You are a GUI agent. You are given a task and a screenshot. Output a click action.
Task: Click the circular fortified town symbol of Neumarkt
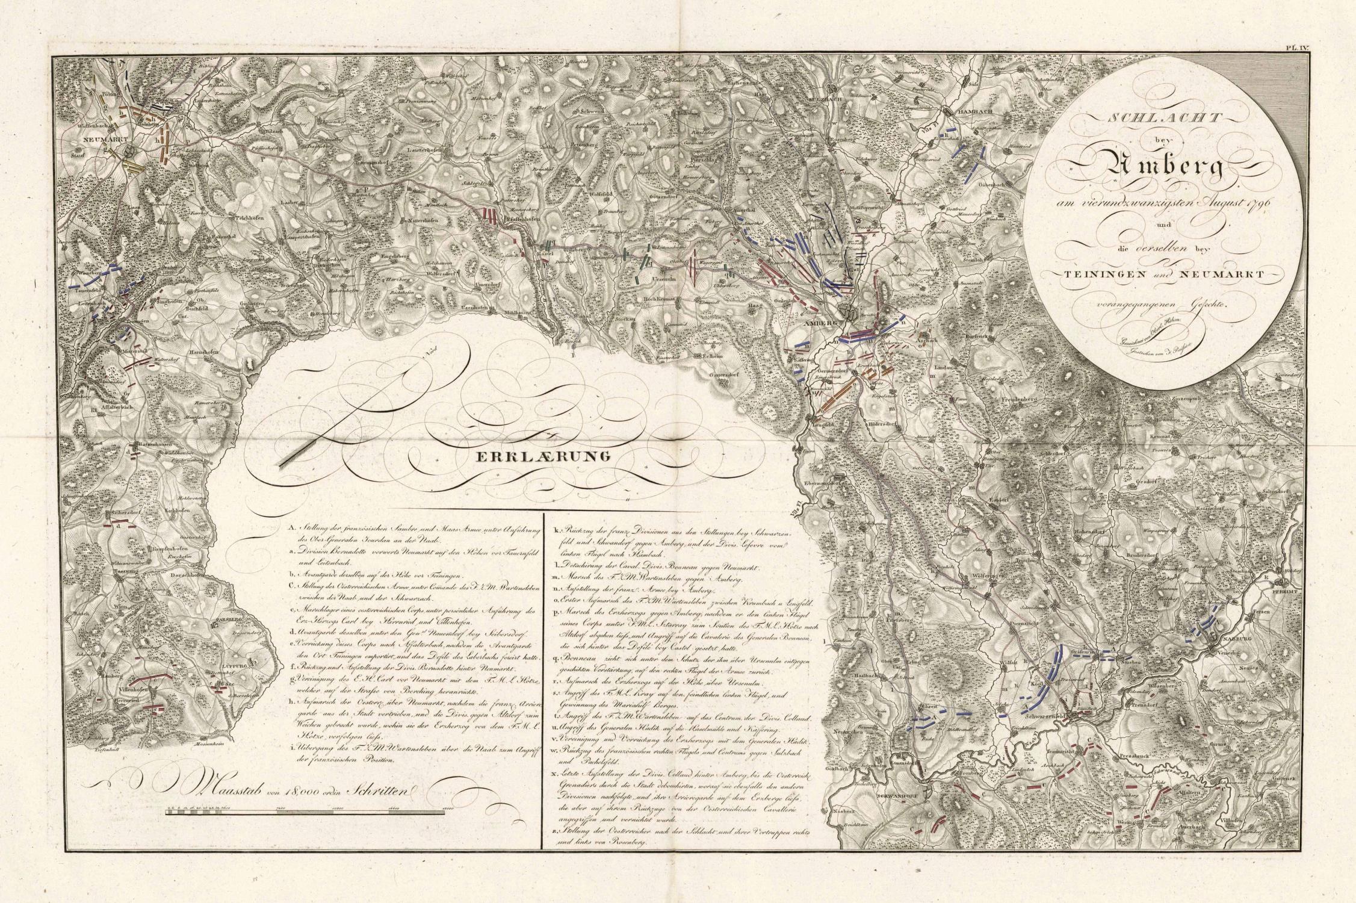click(128, 154)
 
